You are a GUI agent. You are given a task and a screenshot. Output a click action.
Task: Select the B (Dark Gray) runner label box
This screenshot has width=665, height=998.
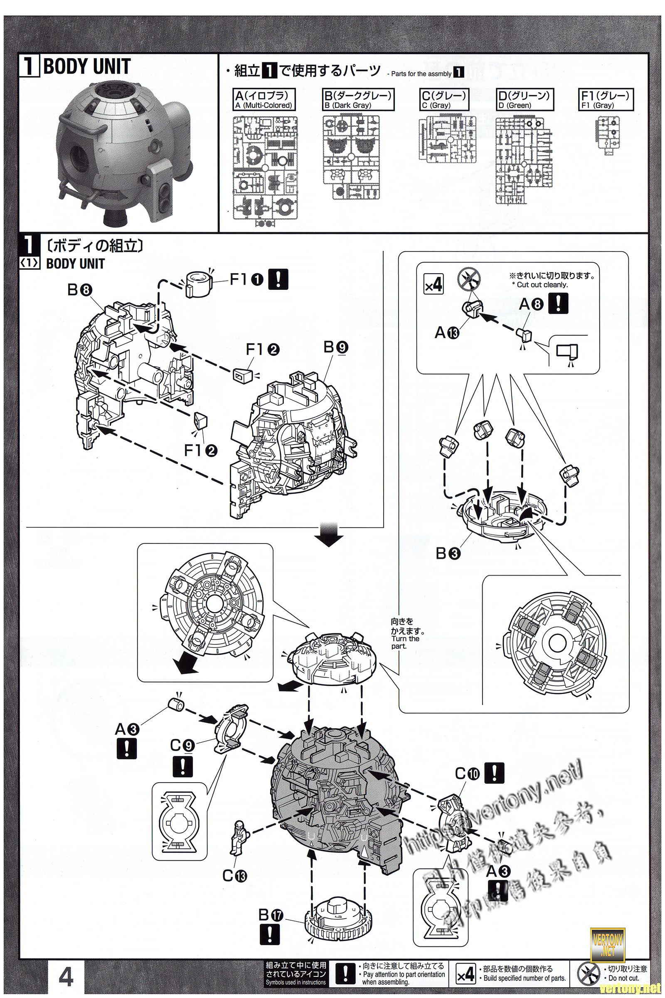click(x=357, y=99)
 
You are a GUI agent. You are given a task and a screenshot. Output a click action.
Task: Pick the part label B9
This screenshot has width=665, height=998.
click(x=336, y=347)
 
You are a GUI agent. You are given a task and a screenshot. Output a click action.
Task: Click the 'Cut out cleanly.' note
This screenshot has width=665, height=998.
click(x=542, y=285)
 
